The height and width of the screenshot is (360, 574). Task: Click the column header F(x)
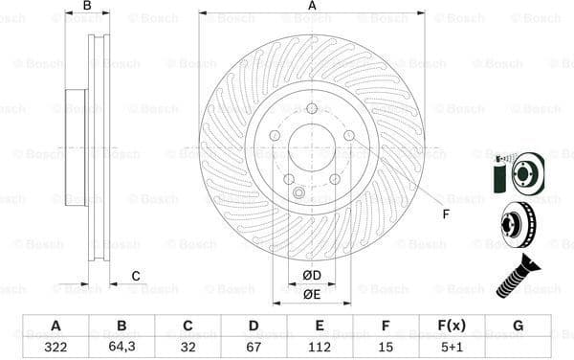tap(452, 326)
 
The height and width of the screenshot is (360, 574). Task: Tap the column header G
tap(518, 326)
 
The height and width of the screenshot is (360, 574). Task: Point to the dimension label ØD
tap(312, 277)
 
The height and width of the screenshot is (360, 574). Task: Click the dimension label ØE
tap(312, 294)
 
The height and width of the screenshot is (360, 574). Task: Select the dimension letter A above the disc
tap(312, 6)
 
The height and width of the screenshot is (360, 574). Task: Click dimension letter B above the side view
tap(87, 6)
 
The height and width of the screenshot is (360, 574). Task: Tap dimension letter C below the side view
tap(136, 277)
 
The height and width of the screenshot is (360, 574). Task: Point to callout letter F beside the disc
tap(445, 214)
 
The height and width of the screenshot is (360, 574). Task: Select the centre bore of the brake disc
tap(312, 148)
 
